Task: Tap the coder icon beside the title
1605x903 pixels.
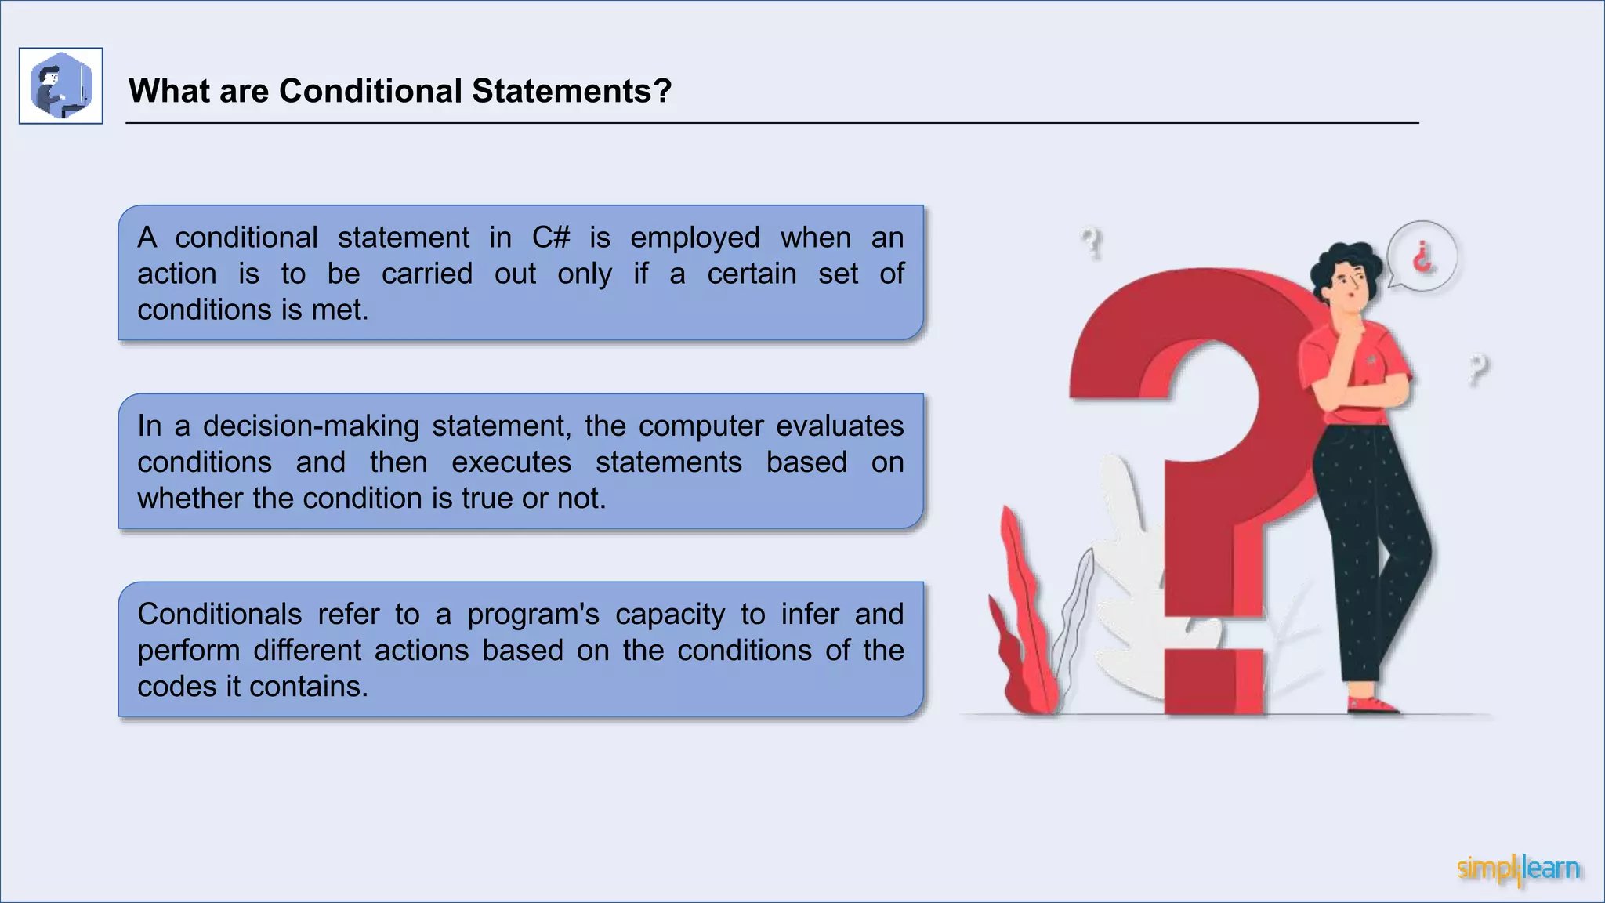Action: click(61, 86)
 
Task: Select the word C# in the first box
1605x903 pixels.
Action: click(551, 238)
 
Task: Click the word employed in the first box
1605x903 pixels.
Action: click(695, 238)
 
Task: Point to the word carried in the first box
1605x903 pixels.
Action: click(427, 274)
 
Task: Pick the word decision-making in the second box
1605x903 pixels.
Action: click(311, 426)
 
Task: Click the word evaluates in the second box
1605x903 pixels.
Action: click(839, 426)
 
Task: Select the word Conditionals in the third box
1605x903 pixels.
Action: click(219, 615)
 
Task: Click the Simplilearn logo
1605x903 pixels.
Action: click(1518, 869)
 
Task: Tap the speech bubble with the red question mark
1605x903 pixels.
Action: click(1422, 256)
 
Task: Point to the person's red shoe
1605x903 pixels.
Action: click(1373, 704)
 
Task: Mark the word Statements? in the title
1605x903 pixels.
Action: click(571, 91)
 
